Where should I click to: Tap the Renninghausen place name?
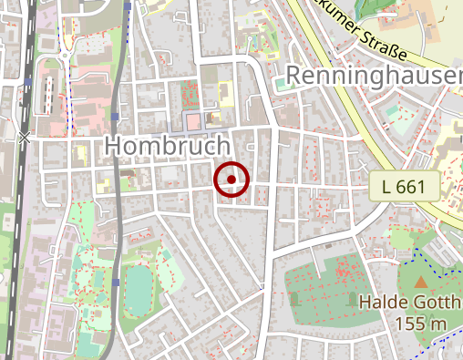point(374,77)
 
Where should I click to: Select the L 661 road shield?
point(405,188)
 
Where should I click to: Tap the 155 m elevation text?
point(420,324)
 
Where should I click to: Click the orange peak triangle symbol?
point(421,283)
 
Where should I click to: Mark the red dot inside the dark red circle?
point(231,180)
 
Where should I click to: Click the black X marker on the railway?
point(24,138)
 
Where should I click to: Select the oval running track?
point(139,287)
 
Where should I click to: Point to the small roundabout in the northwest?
point(67,61)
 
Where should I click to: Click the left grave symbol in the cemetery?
point(294,299)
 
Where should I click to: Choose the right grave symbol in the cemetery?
point(353,299)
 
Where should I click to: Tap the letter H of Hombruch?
point(114,145)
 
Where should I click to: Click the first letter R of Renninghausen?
point(294,77)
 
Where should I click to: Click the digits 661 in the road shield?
point(413,188)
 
